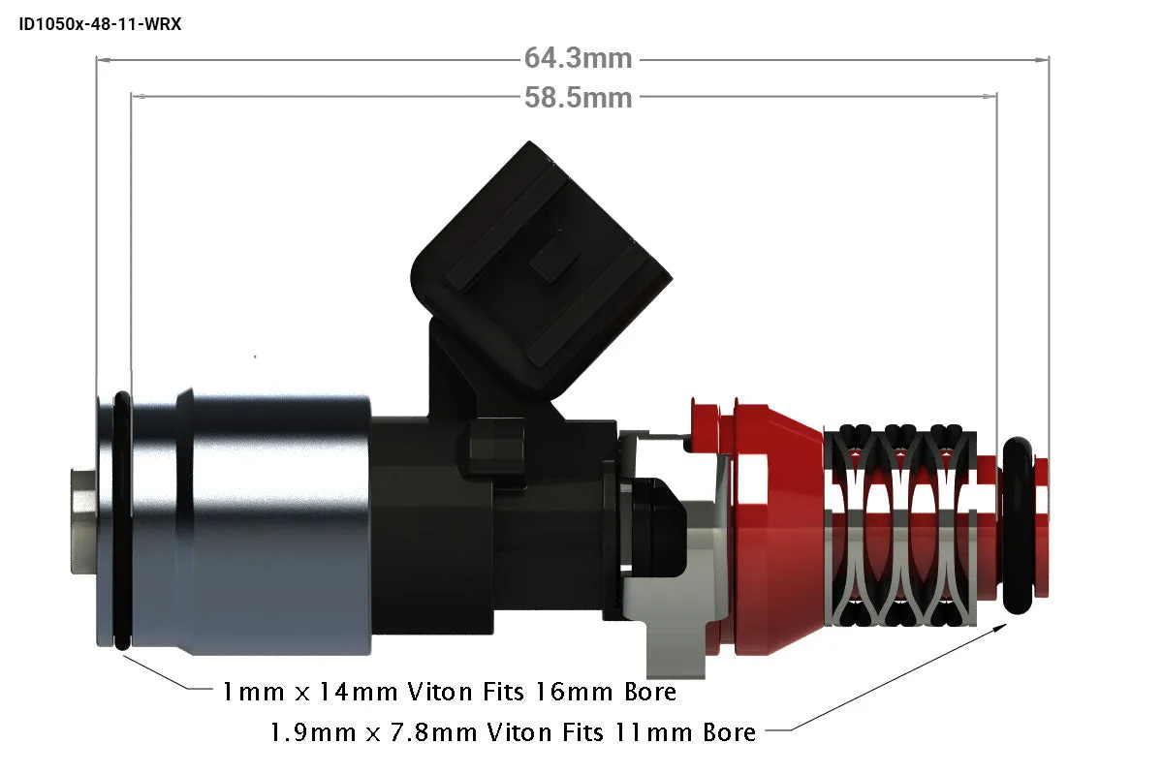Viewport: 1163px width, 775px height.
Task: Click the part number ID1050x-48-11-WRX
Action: tap(100, 24)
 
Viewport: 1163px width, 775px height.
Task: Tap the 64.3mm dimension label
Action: tap(578, 58)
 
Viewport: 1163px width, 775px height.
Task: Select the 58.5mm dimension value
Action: tap(578, 98)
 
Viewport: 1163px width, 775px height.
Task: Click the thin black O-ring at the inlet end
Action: tap(122, 520)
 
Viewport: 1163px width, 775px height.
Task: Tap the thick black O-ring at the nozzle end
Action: tap(1018, 525)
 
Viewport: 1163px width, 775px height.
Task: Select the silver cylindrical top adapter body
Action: tap(249, 522)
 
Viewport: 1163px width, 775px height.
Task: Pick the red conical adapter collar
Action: tap(779, 530)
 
